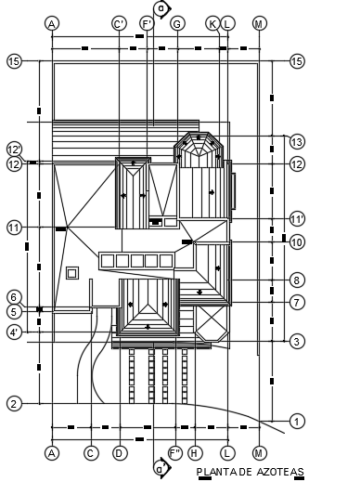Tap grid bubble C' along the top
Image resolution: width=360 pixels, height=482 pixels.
(119, 23)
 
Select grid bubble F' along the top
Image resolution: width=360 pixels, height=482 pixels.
(147, 23)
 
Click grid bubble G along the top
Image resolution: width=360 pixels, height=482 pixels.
(177, 23)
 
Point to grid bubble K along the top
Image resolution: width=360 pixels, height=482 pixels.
(212, 23)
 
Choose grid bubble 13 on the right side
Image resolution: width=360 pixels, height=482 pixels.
(297, 143)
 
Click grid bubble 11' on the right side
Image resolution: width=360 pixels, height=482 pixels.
(297, 219)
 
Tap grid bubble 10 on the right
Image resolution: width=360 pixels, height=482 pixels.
(297, 242)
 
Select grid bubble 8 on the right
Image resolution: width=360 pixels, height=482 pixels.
(297, 280)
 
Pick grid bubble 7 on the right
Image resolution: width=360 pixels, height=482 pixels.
(297, 302)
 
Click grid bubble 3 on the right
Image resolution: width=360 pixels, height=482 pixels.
(297, 342)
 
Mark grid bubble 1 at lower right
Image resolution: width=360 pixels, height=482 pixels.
(297, 422)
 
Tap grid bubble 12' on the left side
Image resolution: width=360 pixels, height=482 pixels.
(14, 150)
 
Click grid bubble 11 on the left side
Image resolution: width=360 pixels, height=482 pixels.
(14, 227)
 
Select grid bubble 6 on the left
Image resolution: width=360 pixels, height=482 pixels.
(14, 296)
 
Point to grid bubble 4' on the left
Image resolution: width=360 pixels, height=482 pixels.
(14, 332)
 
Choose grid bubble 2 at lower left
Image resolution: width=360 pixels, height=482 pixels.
(14, 404)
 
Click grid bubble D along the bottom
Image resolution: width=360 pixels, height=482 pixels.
(119, 452)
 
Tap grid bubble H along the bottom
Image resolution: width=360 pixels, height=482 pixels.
(194, 452)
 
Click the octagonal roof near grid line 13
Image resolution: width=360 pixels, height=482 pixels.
(197, 150)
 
